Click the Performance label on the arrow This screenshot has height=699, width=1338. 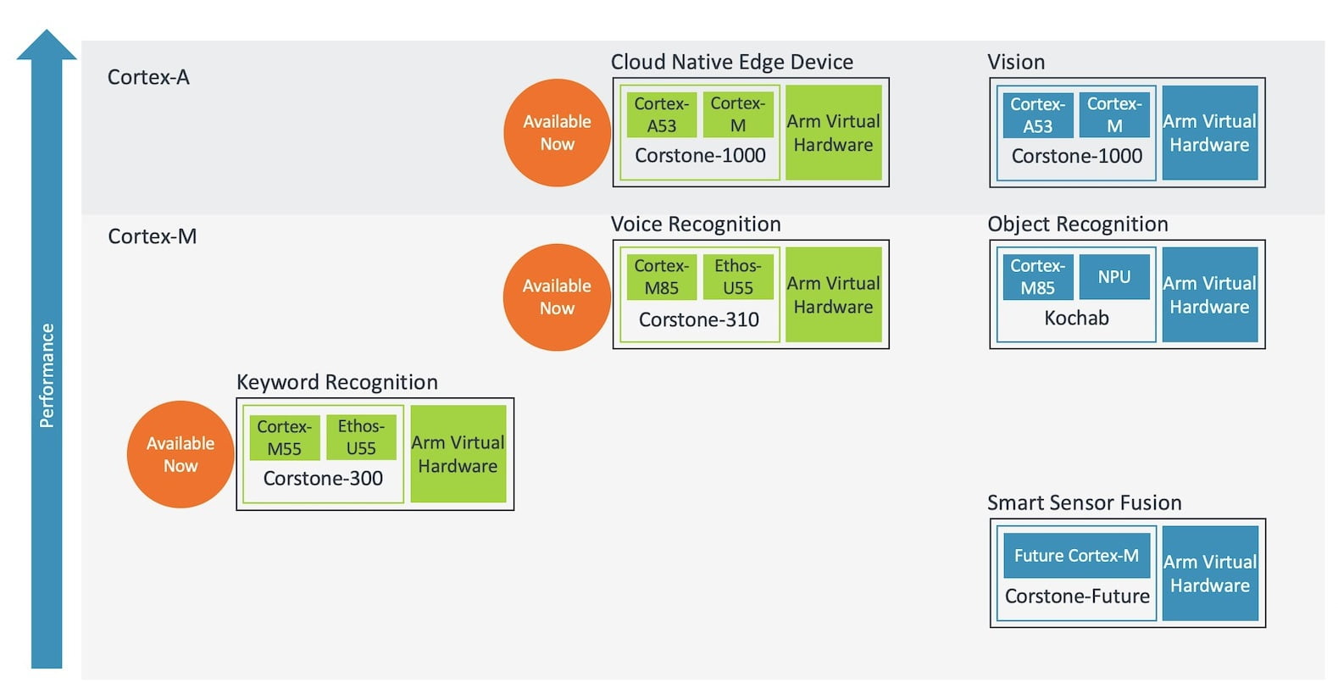coord(47,375)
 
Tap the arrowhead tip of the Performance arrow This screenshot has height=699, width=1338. coord(47,30)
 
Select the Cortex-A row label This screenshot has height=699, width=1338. coord(148,77)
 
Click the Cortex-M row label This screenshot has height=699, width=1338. coord(153,236)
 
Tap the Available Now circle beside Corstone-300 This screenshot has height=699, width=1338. coord(180,454)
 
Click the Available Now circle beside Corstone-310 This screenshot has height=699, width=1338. coord(557,297)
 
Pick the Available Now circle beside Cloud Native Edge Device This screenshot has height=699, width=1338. coord(557,133)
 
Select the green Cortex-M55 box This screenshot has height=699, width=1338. coord(285,437)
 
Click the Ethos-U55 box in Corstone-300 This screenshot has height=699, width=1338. coord(361,437)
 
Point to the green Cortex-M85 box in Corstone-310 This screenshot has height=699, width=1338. coord(661,276)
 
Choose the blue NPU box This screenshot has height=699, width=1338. coord(1114,276)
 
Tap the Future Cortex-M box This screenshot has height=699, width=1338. coord(1076,556)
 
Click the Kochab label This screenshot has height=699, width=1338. coord(1076,318)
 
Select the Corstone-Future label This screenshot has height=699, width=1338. coord(1077,596)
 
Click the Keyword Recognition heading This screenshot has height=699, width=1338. coord(337,382)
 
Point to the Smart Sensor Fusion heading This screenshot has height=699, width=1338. coord(1084,502)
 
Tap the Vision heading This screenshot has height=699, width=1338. coord(1016,62)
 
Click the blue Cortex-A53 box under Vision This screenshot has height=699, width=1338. coord(1037,114)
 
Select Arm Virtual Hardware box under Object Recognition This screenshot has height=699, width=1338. coord(1209,295)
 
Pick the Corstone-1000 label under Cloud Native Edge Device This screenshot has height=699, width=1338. coord(700,155)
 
